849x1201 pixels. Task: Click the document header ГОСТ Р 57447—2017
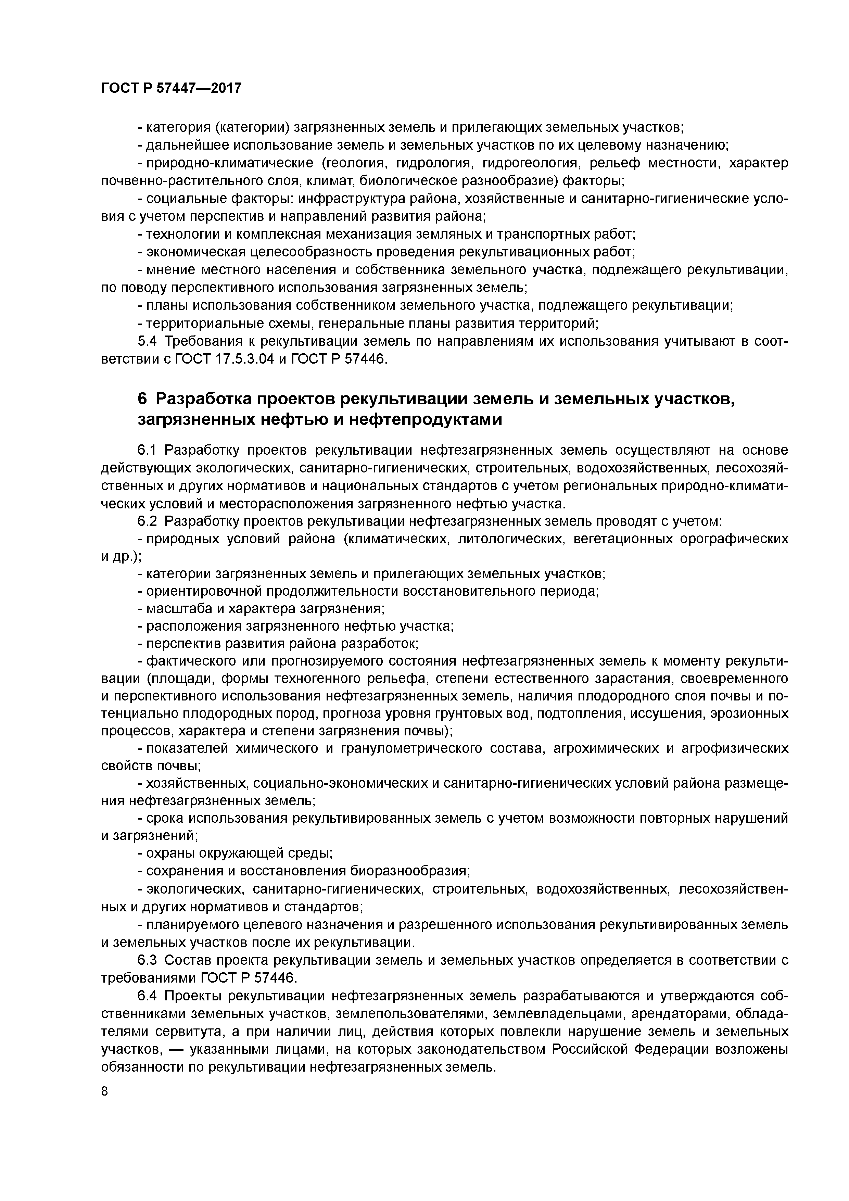pyautogui.click(x=171, y=88)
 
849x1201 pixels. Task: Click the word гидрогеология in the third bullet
pyautogui.click(x=529, y=163)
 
